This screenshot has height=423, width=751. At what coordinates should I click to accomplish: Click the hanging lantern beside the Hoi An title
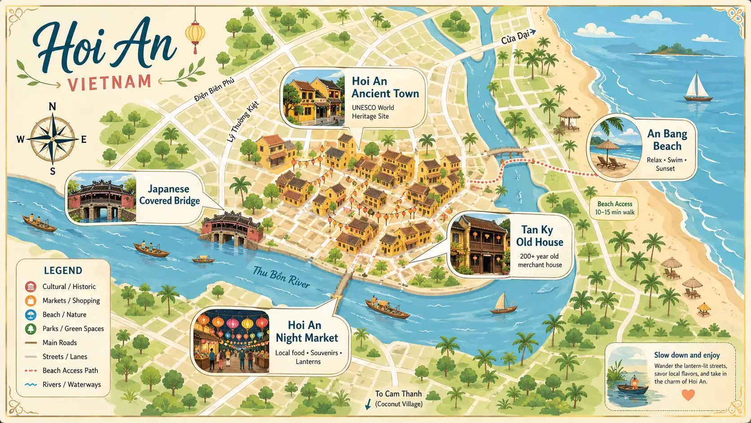195,34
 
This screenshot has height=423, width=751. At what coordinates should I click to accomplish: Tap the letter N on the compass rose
52,107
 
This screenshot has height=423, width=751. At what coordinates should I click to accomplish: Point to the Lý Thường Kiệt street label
243,122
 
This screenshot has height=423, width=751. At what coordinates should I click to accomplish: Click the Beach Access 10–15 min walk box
614,208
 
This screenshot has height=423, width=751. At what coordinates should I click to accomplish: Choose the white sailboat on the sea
698,88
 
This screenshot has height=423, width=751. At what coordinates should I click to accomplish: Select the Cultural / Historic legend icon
31,286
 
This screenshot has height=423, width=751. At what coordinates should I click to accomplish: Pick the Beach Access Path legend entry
70,370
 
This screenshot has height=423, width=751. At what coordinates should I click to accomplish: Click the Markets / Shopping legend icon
31,301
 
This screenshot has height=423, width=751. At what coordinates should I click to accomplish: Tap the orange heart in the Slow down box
688,395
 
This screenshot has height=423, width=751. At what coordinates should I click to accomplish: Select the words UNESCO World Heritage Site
373,112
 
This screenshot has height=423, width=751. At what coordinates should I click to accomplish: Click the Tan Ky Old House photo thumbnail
480,245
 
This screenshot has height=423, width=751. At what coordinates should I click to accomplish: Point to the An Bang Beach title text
667,140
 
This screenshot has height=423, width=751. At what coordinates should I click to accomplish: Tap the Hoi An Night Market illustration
231,341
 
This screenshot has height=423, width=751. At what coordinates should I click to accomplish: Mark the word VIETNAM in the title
110,83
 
